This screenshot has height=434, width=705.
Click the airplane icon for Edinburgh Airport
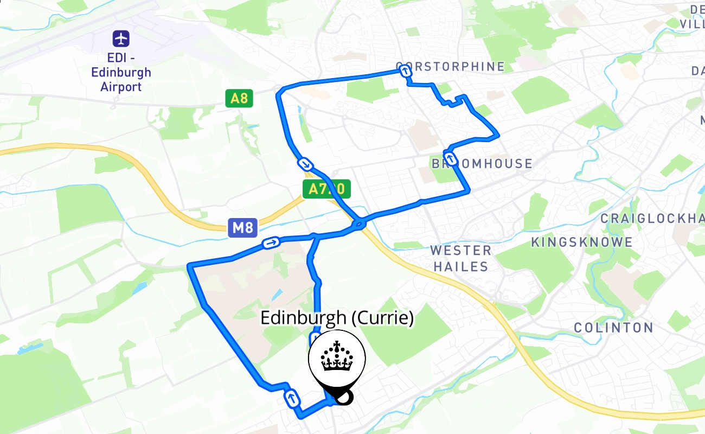121,39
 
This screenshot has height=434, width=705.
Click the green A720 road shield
326,189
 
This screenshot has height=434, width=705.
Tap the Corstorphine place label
451,66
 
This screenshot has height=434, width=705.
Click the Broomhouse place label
482,163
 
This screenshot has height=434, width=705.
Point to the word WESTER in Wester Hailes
461,251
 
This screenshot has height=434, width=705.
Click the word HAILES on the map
461,266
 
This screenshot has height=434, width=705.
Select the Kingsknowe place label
582,242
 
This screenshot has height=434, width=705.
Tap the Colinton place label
613,328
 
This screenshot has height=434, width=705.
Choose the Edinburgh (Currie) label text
337,318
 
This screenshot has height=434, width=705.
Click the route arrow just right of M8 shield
271,242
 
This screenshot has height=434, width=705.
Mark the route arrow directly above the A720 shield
306,164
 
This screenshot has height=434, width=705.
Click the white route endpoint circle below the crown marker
343,398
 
